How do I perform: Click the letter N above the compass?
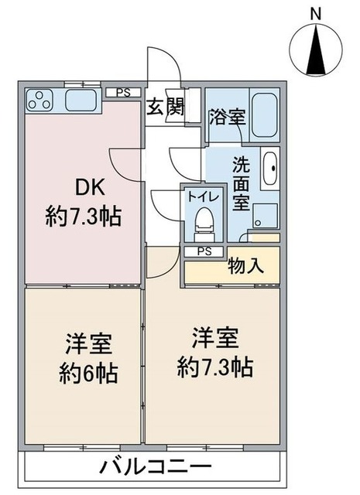coord(315,13)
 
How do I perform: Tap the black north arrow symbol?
coord(315,48)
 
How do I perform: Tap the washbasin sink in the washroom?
coord(270,166)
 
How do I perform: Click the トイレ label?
coord(203,196)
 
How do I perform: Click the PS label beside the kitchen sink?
coord(122,93)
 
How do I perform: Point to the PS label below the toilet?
coord(204,251)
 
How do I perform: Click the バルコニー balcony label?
coord(156,467)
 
